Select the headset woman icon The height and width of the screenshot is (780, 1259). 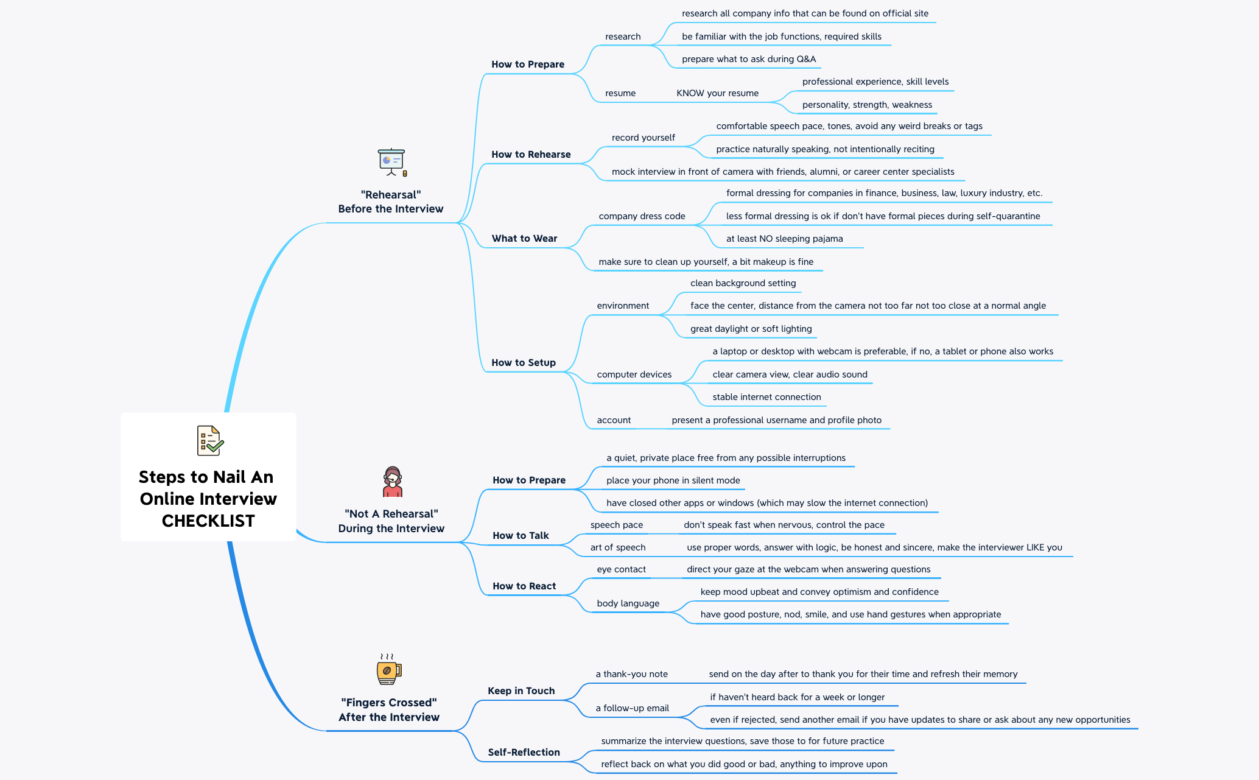(393, 482)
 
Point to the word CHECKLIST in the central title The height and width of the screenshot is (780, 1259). (208, 521)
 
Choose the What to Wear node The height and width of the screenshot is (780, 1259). (524, 239)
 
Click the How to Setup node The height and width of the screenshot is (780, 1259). (524, 363)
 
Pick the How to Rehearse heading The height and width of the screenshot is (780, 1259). (531, 155)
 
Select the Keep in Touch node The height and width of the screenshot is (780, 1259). (521, 691)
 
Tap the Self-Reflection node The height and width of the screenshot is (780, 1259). (524, 753)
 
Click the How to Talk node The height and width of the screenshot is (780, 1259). (521, 536)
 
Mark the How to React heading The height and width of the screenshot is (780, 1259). (524, 586)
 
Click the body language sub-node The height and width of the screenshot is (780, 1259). (628, 603)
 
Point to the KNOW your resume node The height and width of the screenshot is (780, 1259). (718, 93)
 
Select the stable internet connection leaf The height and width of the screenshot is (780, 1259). (766, 397)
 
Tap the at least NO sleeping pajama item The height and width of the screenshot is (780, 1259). (784, 239)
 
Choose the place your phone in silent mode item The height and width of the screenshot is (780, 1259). (673, 480)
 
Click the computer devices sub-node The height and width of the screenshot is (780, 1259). (634, 374)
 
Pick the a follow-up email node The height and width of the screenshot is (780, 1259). (632, 708)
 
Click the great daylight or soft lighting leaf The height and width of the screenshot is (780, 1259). (751, 329)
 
